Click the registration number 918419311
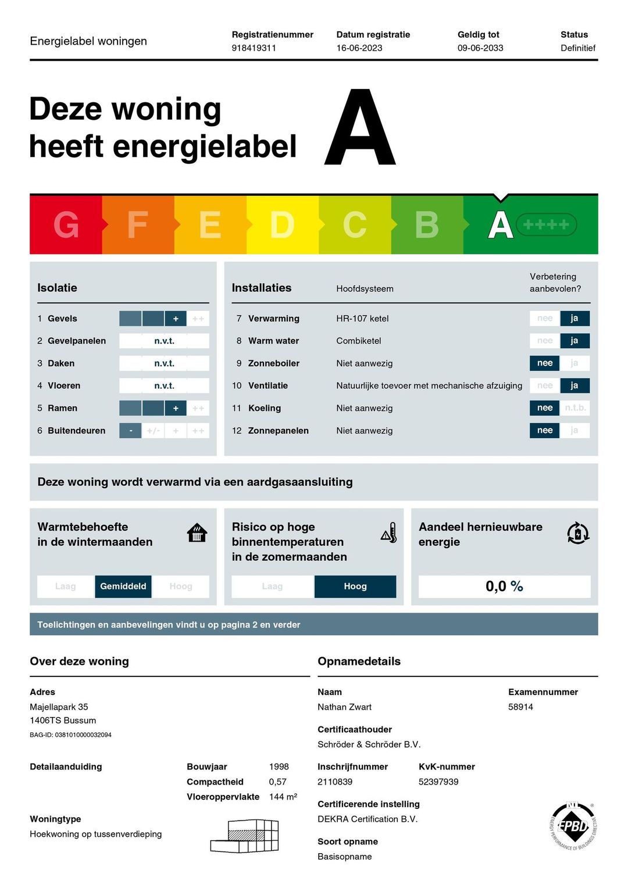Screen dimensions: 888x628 tap(254, 48)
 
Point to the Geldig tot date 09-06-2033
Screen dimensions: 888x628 tap(480, 48)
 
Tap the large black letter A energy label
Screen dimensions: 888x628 tap(361, 128)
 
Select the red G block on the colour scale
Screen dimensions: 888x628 tap(66, 225)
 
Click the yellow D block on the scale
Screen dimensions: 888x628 tap(282, 225)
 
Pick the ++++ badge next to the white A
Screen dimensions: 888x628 tap(546, 225)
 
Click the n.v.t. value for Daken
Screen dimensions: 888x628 tap(164, 363)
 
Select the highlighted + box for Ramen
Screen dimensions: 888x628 tap(176, 409)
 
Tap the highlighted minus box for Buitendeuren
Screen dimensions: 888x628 tap(130, 431)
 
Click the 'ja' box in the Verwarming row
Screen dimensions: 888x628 tap(575, 318)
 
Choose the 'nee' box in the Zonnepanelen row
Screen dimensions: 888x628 tap(545, 431)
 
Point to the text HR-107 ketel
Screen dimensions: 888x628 tap(362, 318)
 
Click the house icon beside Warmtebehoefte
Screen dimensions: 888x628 tap(197, 532)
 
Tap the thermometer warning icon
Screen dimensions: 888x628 tap(389, 533)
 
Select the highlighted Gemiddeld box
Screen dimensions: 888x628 tap(123, 586)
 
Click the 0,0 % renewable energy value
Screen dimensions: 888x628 tap(504, 586)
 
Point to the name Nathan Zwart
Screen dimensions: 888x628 tap(344, 707)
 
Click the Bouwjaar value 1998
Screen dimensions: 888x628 tap(279, 767)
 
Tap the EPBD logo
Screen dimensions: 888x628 tap(573, 826)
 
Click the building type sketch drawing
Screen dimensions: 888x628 tap(245, 837)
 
